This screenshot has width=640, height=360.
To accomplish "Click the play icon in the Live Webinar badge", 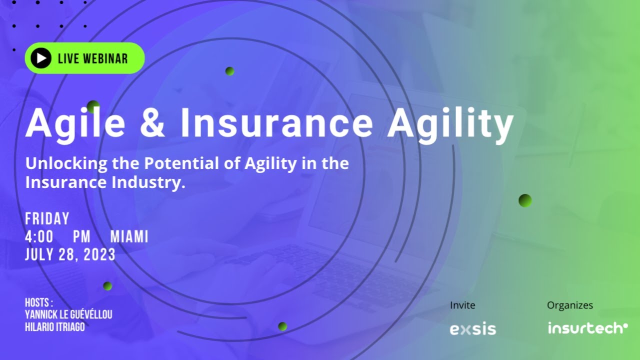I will click(x=41, y=58).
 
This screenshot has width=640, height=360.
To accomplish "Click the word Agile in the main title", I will click(x=75, y=124).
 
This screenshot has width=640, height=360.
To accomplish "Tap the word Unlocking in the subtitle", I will click(x=66, y=163).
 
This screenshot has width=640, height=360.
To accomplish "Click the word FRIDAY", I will click(x=47, y=219).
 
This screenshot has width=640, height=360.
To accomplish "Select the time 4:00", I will click(x=39, y=236).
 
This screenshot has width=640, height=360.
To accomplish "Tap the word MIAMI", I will click(x=129, y=236).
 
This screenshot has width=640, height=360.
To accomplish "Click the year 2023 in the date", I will click(x=100, y=254).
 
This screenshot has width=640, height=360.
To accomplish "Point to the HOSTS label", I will click(x=38, y=302).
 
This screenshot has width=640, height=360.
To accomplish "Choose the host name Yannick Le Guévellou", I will click(x=68, y=314).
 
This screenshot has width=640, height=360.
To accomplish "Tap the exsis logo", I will click(x=472, y=329).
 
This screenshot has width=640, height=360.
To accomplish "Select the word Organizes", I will click(x=569, y=305).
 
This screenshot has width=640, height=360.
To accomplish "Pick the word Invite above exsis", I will click(x=462, y=305).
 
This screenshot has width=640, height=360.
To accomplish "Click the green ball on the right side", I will click(x=525, y=200).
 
